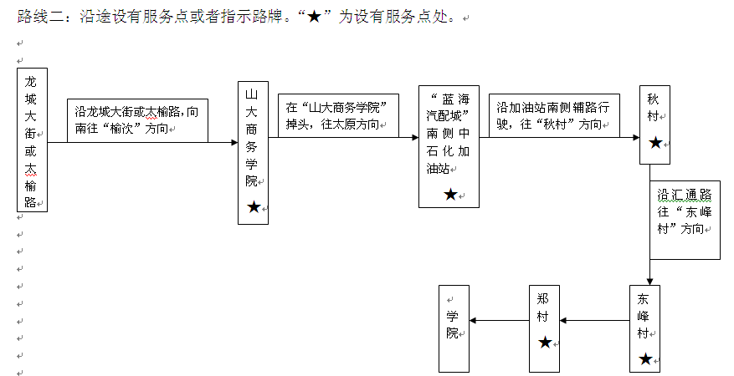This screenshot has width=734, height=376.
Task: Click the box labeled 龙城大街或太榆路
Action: (x=32, y=140)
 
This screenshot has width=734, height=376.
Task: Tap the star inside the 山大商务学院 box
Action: (x=253, y=206)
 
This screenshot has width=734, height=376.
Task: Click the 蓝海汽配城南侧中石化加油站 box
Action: (x=449, y=145)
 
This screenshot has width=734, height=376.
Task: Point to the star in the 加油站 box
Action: (x=450, y=194)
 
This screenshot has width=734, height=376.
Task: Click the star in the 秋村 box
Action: (x=654, y=143)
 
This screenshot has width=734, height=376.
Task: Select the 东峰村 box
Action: (x=644, y=328)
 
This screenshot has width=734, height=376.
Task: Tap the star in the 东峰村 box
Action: (x=645, y=358)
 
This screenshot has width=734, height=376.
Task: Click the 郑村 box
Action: (x=544, y=328)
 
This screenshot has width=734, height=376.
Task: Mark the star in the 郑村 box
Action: (x=545, y=342)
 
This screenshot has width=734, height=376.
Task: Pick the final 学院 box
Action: (x=454, y=328)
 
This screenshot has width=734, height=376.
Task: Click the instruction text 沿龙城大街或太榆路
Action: (x=137, y=120)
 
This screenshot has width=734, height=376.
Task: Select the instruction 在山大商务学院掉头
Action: (x=338, y=115)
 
